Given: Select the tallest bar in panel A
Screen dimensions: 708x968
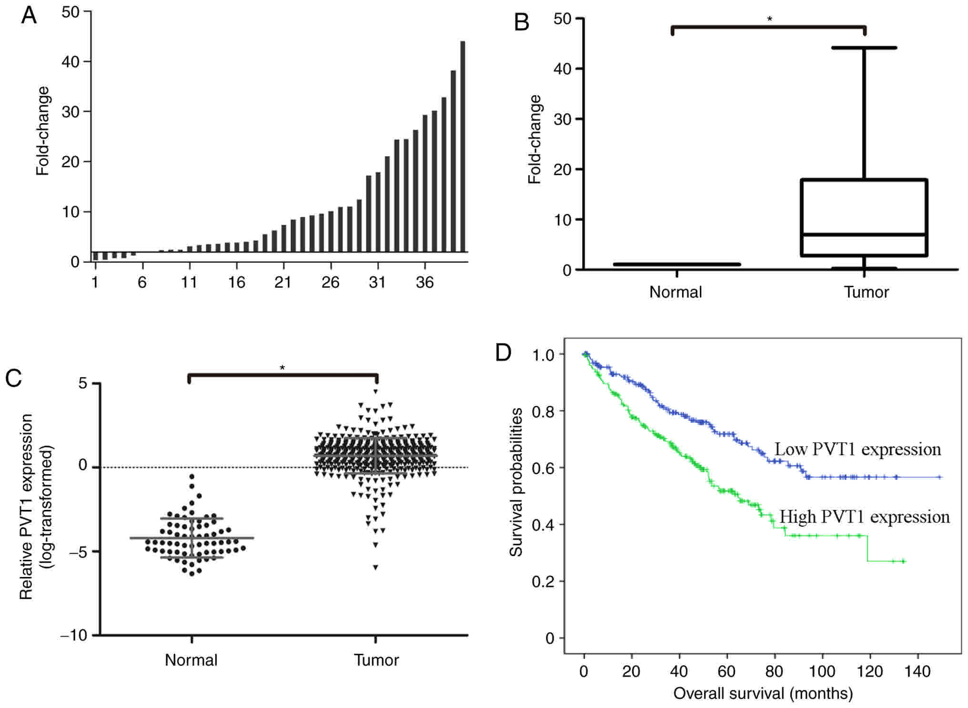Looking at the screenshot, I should click(x=462, y=143).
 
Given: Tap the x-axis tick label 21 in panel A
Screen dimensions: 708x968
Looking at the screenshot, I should click(x=283, y=282).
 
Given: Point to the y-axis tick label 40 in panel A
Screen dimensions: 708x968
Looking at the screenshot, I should click(x=71, y=62).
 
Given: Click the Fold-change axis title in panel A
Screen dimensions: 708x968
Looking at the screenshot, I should click(x=43, y=131).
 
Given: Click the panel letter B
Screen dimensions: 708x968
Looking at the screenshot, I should click(x=522, y=22).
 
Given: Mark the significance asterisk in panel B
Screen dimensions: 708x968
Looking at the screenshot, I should click(x=769, y=19).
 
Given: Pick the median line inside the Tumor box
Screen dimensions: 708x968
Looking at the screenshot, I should click(x=864, y=234).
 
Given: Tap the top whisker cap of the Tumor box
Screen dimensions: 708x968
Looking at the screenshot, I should click(x=864, y=48).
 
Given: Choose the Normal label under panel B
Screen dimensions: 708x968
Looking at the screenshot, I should click(x=676, y=292).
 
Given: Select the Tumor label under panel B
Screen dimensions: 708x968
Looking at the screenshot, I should click(x=866, y=292).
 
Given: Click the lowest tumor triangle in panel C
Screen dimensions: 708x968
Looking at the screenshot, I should click(x=375, y=567).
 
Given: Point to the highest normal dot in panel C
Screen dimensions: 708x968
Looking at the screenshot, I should click(x=192, y=476).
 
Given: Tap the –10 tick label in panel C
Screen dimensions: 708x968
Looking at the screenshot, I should click(x=74, y=635).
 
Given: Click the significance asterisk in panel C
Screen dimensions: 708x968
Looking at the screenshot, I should click(x=282, y=368).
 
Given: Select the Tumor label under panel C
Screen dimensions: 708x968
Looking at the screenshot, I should click(x=376, y=660).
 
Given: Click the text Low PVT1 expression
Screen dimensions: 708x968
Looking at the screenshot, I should click(x=857, y=449).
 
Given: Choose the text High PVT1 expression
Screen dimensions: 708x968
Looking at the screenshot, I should click(x=864, y=517).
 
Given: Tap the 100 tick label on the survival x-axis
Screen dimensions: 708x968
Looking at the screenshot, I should click(x=822, y=671).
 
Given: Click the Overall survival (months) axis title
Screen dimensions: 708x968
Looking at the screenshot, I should click(x=763, y=693).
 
